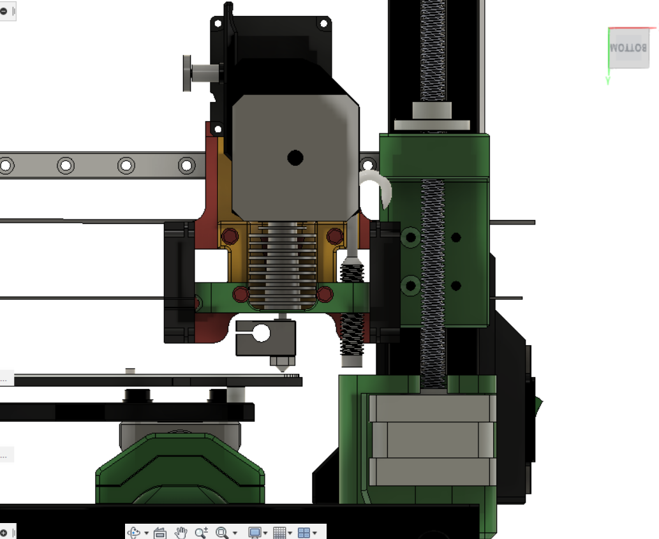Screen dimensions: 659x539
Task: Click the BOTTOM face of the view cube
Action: coord(629,48)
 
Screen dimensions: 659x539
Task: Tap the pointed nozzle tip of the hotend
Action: coord(283,371)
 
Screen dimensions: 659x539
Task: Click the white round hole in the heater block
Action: coord(262,333)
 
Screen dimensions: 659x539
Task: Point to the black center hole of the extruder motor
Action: coord(295,158)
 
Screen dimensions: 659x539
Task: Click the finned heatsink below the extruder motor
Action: coord(283,265)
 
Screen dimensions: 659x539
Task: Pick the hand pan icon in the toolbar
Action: coord(181,532)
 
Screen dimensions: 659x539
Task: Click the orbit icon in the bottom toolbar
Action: coord(134,532)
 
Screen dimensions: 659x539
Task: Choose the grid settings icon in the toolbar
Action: coord(279,532)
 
